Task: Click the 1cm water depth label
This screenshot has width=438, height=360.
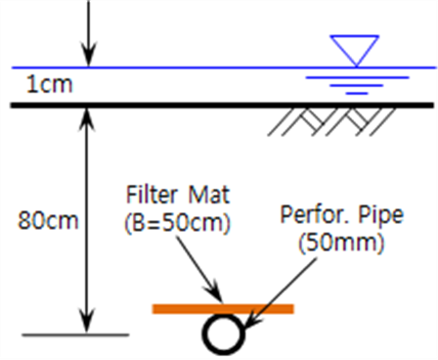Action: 49,84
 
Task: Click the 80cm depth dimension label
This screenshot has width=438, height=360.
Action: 48,220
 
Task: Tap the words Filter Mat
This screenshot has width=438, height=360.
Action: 178,195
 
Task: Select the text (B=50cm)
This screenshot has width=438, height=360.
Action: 177,223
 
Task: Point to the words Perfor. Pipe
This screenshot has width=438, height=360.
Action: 342,215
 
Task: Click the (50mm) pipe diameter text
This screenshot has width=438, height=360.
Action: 341,243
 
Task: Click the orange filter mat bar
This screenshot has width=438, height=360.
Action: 223,308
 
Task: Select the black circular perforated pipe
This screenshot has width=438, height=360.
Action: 224,334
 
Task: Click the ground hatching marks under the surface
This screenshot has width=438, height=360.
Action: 331,121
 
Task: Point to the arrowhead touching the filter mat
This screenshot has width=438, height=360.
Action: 215,292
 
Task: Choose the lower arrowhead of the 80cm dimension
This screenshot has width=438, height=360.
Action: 87,321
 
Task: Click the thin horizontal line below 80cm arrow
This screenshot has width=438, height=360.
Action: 75,335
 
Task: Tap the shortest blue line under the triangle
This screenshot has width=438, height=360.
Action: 357,93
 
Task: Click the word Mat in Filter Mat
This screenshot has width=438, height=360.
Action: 209,195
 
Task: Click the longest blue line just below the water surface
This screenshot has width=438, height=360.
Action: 357,77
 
